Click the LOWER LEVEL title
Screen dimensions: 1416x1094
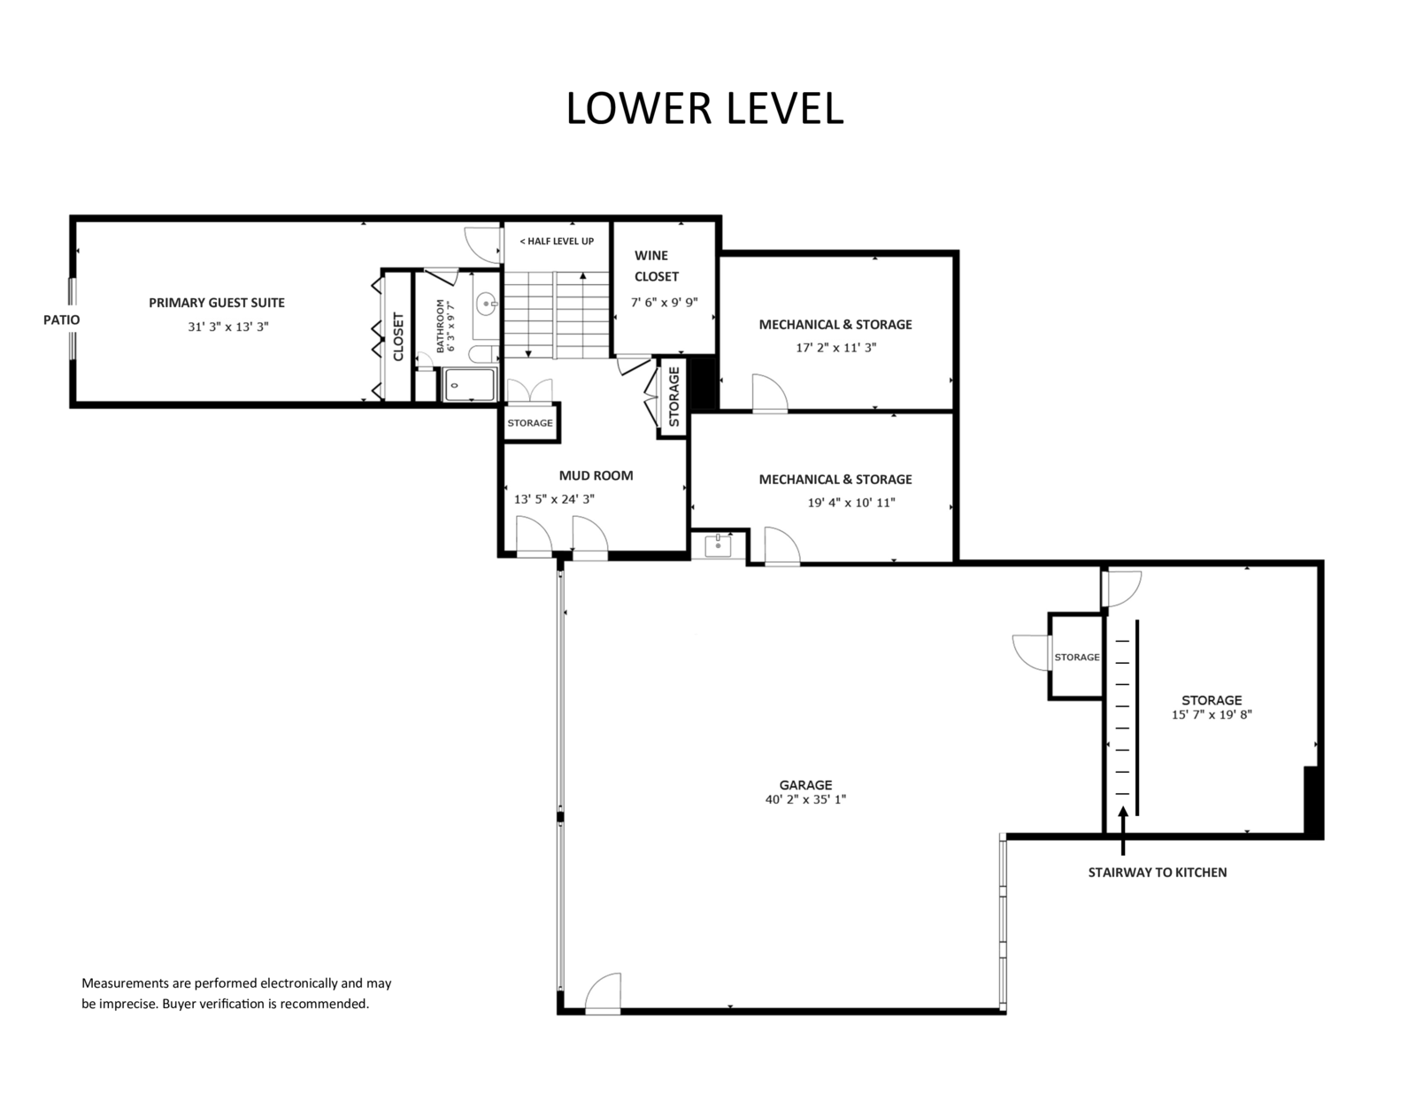pos(704,108)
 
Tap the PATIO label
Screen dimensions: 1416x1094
pos(61,320)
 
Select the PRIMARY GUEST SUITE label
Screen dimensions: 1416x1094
pos(216,303)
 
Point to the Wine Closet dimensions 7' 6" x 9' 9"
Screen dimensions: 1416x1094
pos(664,303)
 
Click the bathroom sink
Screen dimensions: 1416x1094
pos(487,304)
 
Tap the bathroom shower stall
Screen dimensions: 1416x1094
pos(470,384)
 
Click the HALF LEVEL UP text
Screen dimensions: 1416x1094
pos(557,241)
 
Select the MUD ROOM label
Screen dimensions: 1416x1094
pos(596,475)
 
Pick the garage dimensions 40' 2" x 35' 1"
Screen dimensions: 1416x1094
pos(805,799)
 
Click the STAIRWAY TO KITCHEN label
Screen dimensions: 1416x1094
pos(1158,873)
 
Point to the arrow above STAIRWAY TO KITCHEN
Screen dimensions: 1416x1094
pos(1123,831)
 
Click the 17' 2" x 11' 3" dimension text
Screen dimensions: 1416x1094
pos(835,348)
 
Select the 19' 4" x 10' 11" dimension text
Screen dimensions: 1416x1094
pos(851,503)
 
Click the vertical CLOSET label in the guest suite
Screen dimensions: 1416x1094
pos(398,337)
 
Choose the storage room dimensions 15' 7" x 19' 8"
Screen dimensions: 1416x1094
pos(1212,715)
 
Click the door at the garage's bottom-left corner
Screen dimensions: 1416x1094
pos(603,995)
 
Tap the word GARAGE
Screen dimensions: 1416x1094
pos(805,785)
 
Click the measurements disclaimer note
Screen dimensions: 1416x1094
pos(236,993)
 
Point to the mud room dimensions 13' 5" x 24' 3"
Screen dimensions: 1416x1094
pos(554,500)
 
